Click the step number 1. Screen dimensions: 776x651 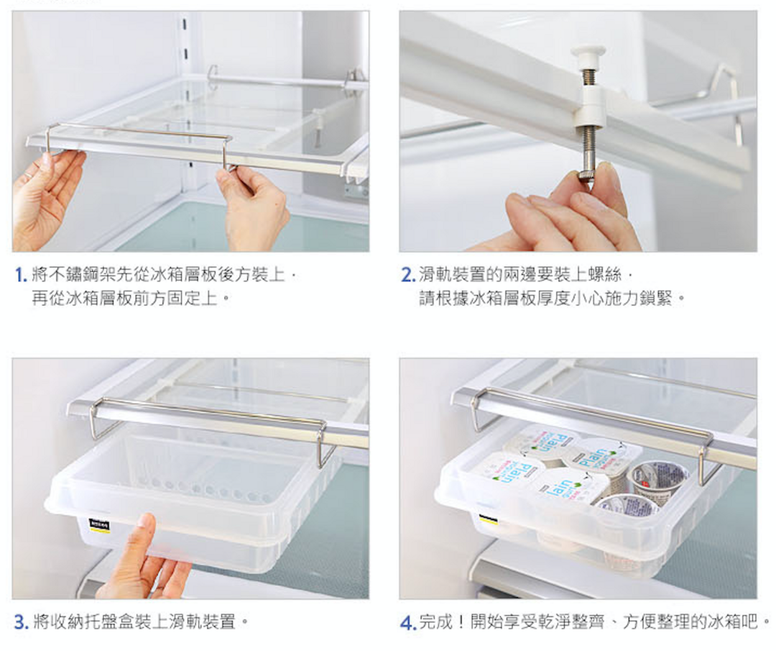21,275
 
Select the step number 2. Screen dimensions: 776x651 408,275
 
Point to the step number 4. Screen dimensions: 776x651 408,622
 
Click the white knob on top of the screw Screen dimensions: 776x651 588,52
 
